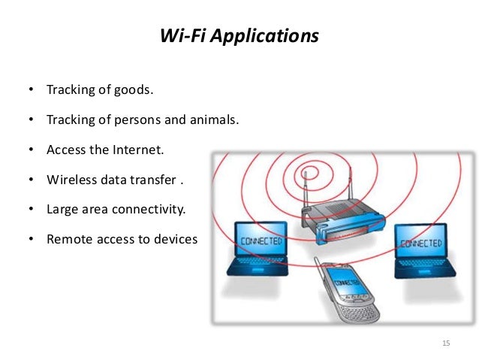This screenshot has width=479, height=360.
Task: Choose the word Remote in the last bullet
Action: pos(69,239)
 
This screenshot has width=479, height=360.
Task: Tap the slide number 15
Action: pos(447,343)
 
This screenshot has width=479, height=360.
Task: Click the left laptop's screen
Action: pos(261,242)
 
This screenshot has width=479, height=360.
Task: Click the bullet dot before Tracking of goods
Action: pos(32,90)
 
